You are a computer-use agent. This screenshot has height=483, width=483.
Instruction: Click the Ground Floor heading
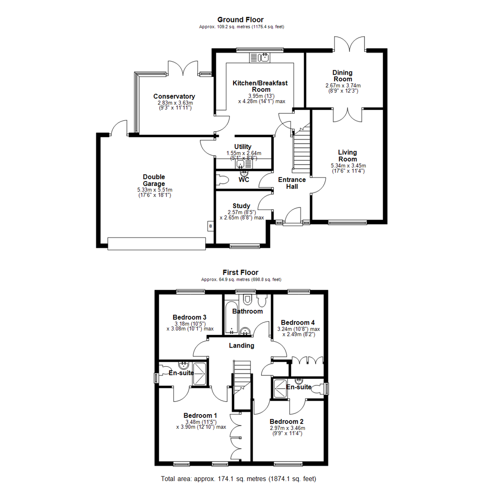(240, 20)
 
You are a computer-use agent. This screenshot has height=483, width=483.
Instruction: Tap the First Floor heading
(240, 272)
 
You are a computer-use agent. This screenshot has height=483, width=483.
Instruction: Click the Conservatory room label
(174, 97)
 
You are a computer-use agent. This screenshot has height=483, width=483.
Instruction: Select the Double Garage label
(154, 180)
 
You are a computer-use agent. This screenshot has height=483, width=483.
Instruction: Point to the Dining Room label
(343, 76)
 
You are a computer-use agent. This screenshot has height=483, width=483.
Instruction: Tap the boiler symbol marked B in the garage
(210, 227)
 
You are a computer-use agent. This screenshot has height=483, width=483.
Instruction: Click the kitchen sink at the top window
(259, 57)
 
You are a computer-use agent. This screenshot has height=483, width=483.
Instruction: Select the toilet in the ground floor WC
(223, 180)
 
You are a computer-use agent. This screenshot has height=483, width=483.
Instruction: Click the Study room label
(241, 206)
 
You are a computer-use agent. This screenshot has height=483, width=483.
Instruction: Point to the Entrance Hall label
(292, 183)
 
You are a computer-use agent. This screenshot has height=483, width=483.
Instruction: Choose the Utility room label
(243, 147)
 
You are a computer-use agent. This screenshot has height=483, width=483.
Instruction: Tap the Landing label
(241, 345)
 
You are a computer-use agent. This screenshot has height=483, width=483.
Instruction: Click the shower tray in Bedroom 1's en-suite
(199, 374)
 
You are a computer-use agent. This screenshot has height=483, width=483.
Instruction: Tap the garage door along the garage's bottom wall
(157, 243)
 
